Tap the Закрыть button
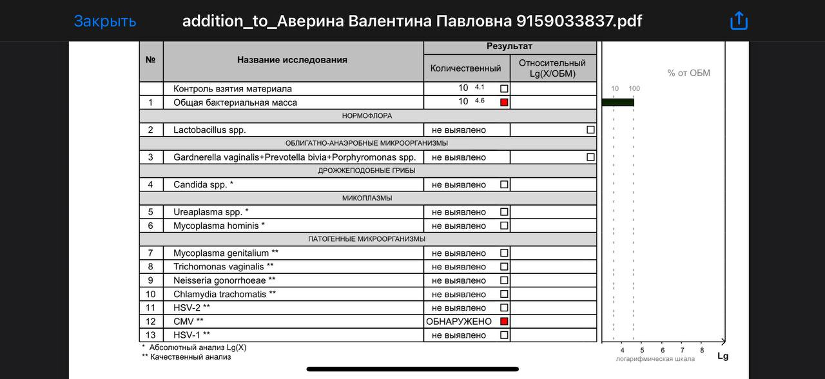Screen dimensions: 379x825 [x=105, y=21]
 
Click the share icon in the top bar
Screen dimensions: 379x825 [x=739, y=21]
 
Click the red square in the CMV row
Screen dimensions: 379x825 [x=504, y=321]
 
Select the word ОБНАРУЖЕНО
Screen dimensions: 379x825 [x=459, y=322]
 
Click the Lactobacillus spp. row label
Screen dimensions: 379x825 [x=209, y=130]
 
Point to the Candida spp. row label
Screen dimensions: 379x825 [x=203, y=184]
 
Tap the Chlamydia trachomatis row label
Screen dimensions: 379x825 [x=224, y=294]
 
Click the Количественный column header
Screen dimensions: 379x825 [x=466, y=68]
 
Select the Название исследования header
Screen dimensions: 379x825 [x=292, y=60]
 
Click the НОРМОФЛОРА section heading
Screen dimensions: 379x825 [x=367, y=116]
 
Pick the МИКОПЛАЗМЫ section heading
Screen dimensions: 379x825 [x=367, y=198]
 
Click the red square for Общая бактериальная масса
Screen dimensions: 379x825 [x=504, y=102]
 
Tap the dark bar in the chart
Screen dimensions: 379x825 [x=617, y=102]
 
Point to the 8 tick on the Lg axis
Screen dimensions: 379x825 [x=702, y=350]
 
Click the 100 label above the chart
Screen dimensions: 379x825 [x=634, y=88]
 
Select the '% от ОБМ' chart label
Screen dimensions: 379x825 [x=688, y=73]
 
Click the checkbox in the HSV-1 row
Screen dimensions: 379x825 [x=504, y=335]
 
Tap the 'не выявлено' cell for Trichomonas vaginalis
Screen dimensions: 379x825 [x=459, y=267]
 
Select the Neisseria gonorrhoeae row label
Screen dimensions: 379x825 [x=224, y=280]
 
